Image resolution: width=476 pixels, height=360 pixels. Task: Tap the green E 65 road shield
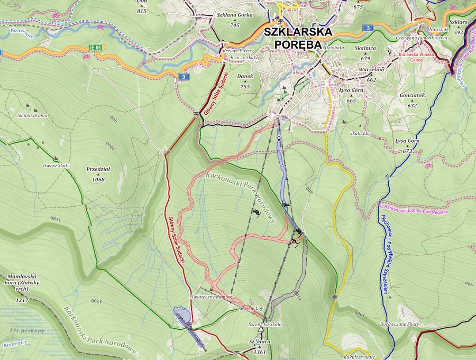(96, 48)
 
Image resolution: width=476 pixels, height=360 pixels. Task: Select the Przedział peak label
(98, 170)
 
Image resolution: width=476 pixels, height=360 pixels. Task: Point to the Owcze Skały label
(56, 165)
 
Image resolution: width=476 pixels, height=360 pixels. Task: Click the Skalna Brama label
(32, 115)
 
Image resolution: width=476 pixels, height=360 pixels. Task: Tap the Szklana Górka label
(235, 15)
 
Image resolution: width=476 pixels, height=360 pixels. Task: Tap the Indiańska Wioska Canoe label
(418, 56)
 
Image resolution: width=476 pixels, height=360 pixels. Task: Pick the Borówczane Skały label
(399, 324)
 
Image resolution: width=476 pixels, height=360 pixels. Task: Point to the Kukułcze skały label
(359, 357)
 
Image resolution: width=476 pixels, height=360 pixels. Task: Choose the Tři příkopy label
(27, 330)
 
